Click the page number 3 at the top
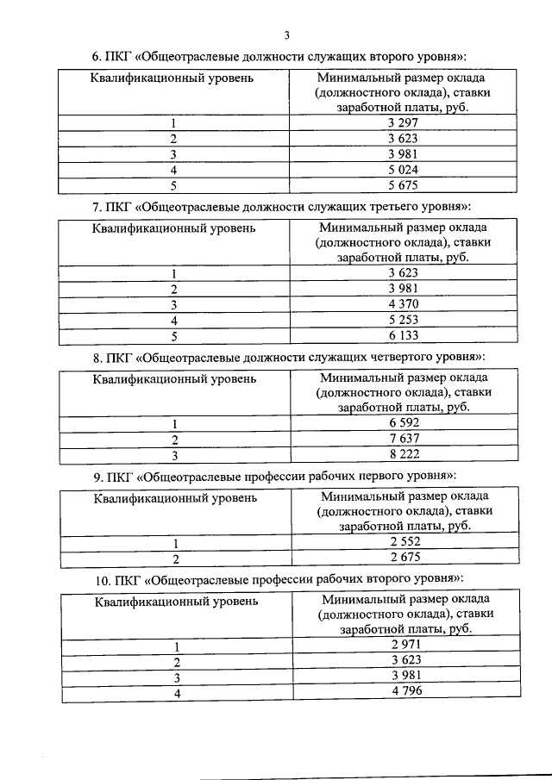point(287,35)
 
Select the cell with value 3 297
point(404,123)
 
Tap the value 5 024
point(404,169)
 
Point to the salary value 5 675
point(404,184)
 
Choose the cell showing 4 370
point(404,304)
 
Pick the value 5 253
point(404,320)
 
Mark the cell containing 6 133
point(404,335)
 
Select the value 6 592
point(404,422)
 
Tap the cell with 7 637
point(404,438)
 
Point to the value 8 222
point(404,453)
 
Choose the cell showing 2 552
point(404,541)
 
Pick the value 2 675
point(404,557)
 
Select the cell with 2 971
point(404,645)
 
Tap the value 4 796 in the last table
point(404,691)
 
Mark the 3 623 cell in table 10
point(404,660)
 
